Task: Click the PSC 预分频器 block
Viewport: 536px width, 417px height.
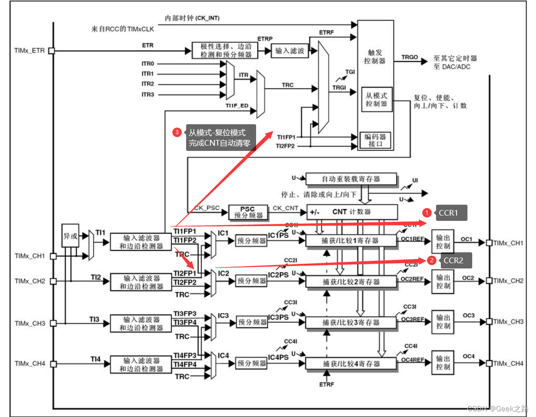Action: pyautogui.click(x=247, y=212)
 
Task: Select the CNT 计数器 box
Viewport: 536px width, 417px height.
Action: pyautogui.click(x=351, y=212)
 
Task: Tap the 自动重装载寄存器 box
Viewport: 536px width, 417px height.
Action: pyautogui.click(x=351, y=179)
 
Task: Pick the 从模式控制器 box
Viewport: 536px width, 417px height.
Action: pyautogui.click(x=376, y=99)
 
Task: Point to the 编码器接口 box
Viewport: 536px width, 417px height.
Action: pyautogui.click(x=375, y=140)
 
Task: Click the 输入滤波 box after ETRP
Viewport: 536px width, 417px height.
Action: pyautogui.click(x=289, y=51)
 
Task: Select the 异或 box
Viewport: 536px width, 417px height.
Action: pyautogui.click(x=70, y=236)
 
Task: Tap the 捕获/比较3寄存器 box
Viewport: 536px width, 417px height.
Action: pyautogui.click(x=351, y=322)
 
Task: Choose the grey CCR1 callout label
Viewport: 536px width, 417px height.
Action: pyautogui.click(x=450, y=213)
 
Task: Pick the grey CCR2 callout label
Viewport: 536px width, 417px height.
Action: pyautogui.click(x=453, y=260)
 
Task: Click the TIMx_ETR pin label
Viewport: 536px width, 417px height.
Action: pyautogui.click(x=30, y=50)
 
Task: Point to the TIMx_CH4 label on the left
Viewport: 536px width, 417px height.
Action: pyautogui.click(x=30, y=364)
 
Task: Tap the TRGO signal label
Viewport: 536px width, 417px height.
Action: pyautogui.click(x=409, y=57)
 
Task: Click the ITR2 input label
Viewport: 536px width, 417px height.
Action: pyautogui.click(x=148, y=84)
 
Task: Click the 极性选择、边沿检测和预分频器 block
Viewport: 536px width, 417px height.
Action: pyautogui.click(x=225, y=50)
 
